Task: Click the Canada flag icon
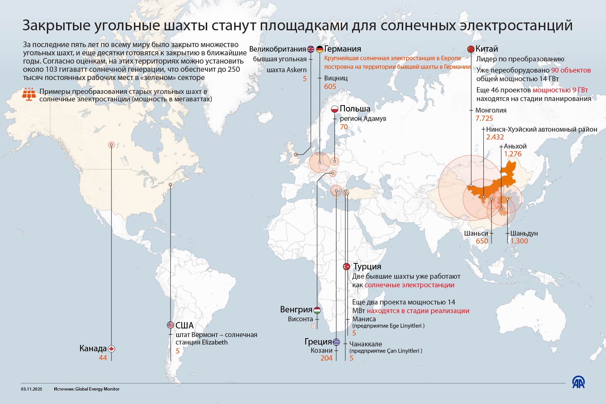[x=111, y=349]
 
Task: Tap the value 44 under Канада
[x=103, y=358]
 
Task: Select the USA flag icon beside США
[x=171, y=325]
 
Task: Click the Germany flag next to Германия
[x=319, y=49]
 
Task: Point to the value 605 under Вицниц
[x=330, y=86]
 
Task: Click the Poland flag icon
[x=334, y=109]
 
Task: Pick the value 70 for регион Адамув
[x=344, y=127]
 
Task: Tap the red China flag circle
[x=471, y=49]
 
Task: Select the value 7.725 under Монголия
[x=484, y=119]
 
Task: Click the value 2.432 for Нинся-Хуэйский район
[x=495, y=137]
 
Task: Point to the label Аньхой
[x=515, y=146]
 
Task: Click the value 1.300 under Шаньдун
[x=519, y=241]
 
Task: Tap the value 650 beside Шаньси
[x=482, y=241]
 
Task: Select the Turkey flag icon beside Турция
[x=346, y=267]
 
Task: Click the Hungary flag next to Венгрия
[x=317, y=310]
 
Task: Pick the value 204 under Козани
[x=326, y=358]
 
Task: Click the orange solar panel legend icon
[x=29, y=94]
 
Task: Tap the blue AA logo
[x=578, y=382]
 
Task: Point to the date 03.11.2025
[x=32, y=389]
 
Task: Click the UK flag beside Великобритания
[x=310, y=49]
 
